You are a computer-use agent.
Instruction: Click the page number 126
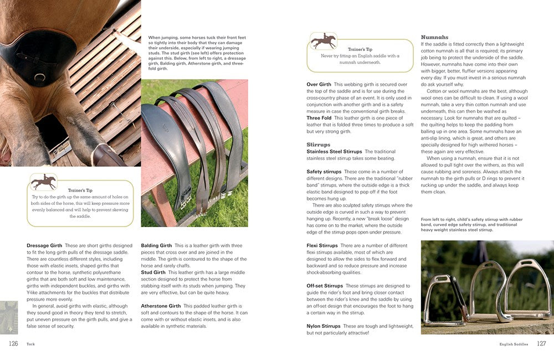(13, 343)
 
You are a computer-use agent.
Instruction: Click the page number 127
(541, 343)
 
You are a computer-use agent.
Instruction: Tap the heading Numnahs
(435, 37)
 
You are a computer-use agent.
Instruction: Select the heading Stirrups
(319, 145)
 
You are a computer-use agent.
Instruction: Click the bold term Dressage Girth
(44, 245)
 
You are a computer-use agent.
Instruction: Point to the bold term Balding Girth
(157, 245)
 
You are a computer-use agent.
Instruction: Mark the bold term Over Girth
(319, 85)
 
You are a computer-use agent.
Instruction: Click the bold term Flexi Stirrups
(322, 245)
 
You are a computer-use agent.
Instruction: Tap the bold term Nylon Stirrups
(324, 326)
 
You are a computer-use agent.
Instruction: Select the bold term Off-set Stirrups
(325, 286)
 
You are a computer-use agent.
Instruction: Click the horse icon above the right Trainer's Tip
(323, 40)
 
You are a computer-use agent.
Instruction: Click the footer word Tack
(31, 344)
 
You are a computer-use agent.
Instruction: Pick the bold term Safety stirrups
(324, 172)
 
